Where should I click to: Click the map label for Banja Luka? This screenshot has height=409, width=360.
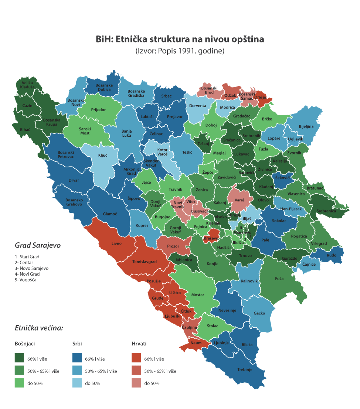[x=126, y=133]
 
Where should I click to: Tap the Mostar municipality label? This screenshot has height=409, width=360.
[x=198, y=295]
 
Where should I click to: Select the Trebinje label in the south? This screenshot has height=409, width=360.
[x=245, y=369]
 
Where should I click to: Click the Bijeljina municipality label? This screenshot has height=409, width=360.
[x=306, y=126]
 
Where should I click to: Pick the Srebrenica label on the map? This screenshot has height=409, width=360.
[x=326, y=211]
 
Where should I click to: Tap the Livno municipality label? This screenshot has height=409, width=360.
[x=116, y=243]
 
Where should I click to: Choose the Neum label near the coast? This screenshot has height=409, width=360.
[x=196, y=343]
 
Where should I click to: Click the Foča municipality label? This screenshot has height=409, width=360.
[x=279, y=278]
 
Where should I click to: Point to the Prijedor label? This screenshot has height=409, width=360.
[x=98, y=110]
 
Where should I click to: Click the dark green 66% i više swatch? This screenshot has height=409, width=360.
[x=20, y=358]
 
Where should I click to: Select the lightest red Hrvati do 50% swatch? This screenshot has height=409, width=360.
[x=137, y=383]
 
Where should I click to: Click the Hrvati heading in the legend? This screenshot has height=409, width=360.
[x=139, y=344]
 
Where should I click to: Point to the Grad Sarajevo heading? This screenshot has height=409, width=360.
[x=38, y=245]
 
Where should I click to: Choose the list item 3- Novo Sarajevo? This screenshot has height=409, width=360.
[x=32, y=268]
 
